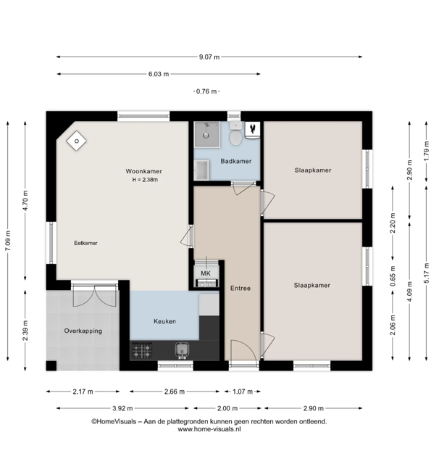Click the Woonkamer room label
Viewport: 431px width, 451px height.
click(x=143, y=171)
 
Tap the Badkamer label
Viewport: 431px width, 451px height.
click(x=236, y=161)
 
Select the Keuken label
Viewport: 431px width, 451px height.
click(x=164, y=321)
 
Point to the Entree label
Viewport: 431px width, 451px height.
click(x=240, y=288)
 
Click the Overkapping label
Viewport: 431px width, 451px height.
click(x=83, y=331)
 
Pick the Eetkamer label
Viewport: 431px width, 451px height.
click(x=85, y=243)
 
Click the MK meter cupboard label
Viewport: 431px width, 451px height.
click(x=206, y=273)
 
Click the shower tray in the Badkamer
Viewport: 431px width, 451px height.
click(x=206, y=135)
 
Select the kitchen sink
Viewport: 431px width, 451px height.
click(x=182, y=350)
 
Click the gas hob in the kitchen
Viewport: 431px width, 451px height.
click(x=142, y=351)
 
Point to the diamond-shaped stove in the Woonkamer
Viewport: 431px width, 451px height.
click(x=77, y=141)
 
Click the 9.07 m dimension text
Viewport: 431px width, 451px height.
click(x=209, y=57)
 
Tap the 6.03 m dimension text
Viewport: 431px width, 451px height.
click(x=159, y=74)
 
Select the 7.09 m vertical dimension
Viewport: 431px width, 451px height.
click(x=8, y=241)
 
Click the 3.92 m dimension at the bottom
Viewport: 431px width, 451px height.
click(x=122, y=408)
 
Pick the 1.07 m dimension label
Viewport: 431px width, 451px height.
click(x=243, y=392)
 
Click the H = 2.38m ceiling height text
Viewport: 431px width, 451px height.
click(x=145, y=180)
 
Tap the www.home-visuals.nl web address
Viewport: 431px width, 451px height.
click(x=209, y=429)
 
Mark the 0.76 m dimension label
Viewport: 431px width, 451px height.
click(x=206, y=91)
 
